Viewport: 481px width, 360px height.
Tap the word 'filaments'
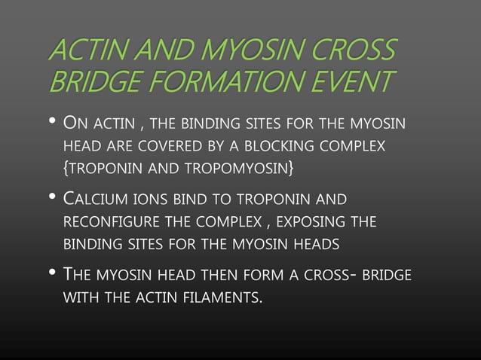point(222,299)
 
